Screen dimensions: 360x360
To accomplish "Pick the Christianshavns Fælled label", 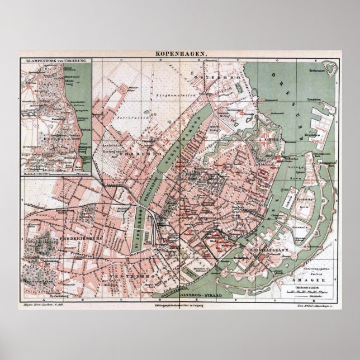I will pos(314,263).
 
